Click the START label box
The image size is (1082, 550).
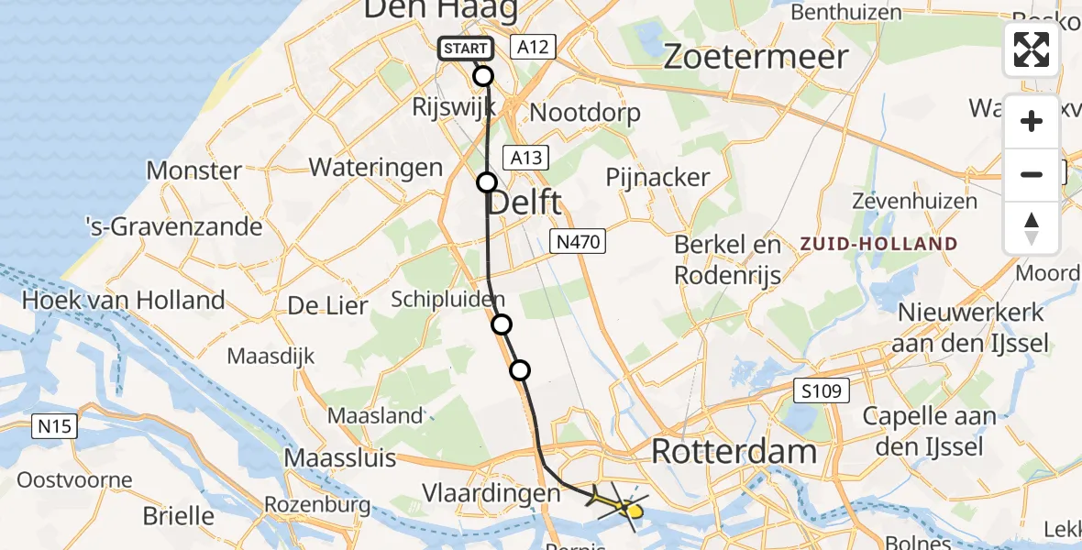(466, 49)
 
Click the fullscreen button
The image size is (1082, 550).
(1032, 49)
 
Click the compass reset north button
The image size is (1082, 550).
(1032, 228)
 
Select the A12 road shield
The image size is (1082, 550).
(534, 47)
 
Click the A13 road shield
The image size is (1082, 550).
(526, 158)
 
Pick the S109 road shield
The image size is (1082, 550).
(822, 391)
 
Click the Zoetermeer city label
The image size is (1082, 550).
(755, 57)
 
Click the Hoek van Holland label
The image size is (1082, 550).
(123, 300)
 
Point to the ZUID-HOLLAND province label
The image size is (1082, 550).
(878, 245)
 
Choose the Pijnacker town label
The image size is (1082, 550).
(657, 177)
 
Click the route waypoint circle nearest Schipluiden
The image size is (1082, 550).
(501, 324)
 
